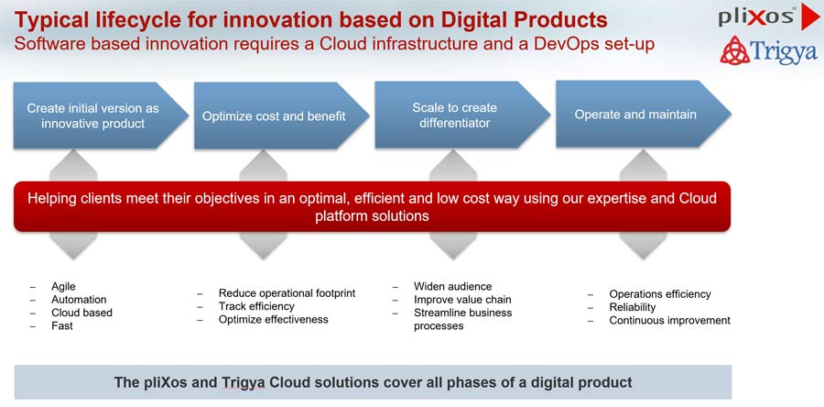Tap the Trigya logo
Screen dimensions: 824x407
pos(769,50)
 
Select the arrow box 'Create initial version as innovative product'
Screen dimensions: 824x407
pos(101,115)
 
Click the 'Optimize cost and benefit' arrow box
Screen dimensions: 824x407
pos(282,115)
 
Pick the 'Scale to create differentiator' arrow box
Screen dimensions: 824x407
pos(462,115)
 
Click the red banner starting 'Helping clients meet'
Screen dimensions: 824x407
pos(372,206)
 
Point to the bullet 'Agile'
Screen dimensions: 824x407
pos(63,287)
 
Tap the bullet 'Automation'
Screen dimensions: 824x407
pos(79,300)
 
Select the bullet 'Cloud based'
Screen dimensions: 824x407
pos(81,313)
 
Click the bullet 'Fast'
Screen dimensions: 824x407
pos(62,326)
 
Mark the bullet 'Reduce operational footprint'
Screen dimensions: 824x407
pos(287,293)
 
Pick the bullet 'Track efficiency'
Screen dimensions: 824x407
pos(256,306)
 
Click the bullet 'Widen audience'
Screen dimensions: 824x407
pos(453,287)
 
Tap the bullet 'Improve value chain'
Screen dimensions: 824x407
pos(462,300)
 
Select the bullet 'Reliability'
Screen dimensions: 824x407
pos(633,307)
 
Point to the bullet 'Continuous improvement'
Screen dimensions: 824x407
pos(670,320)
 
